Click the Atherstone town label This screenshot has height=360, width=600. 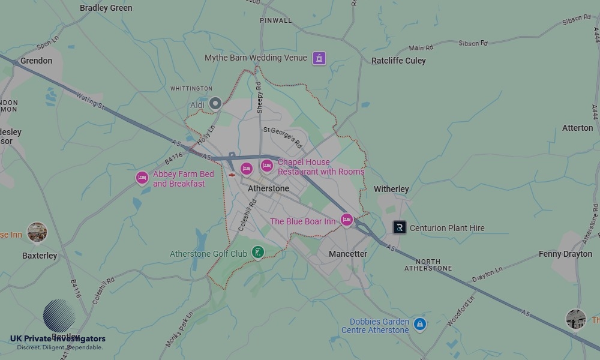pyautogui.click(x=268, y=188)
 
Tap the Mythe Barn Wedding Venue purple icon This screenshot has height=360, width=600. pyautogui.click(x=319, y=58)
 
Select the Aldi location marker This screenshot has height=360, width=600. pyautogui.click(x=215, y=104)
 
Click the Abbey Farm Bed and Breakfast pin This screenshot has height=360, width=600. pyautogui.click(x=142, y=178)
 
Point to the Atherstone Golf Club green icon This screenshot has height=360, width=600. pyautogui.click(x=257, y=253)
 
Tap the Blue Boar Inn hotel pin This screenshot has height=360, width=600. pyautogui.click(x=347, y=220)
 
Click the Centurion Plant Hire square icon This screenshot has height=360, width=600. pyautogui.click(x=399, y=227)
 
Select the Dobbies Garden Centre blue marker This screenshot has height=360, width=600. pyautogui.click(x=420, y=324)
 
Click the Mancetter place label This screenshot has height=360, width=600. pyautogui.click(x=348, y=254)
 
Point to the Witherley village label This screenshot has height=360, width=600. pyautogui.click(x=391, y=189)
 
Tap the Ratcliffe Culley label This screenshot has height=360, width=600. pyautogui.click(x=398, y=61)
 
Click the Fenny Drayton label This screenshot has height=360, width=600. pyautogui.click(x=565, y=254)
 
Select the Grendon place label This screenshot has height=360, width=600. pyautogui.click(x=36, y=61)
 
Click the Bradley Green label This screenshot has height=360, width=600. pyautogui.click(x=106, y=8)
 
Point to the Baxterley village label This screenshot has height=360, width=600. pyautogui.click(x=40, y=256)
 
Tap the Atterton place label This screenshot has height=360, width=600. pyautogui.click(x=577, y=128)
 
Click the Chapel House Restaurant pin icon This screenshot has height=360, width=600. pyautogui.click(x=267, y=166)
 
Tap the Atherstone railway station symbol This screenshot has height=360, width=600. pyautogui.click(x=232, y=175)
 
